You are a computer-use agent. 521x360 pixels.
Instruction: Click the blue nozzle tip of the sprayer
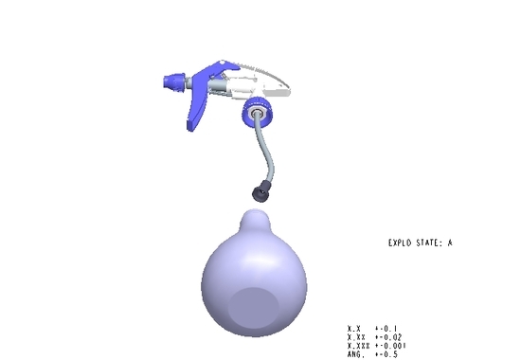pos(174,81)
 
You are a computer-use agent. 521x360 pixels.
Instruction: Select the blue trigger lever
pos(199,99)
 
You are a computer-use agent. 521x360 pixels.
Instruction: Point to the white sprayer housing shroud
pos(262,81)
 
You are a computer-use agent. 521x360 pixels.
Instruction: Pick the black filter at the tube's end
pos(260,191)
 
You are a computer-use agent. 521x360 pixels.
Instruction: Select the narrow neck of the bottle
pos(255,221)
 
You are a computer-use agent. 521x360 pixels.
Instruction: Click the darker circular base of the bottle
pos(253,308)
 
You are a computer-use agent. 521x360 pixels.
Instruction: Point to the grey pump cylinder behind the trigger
pos(217,85)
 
